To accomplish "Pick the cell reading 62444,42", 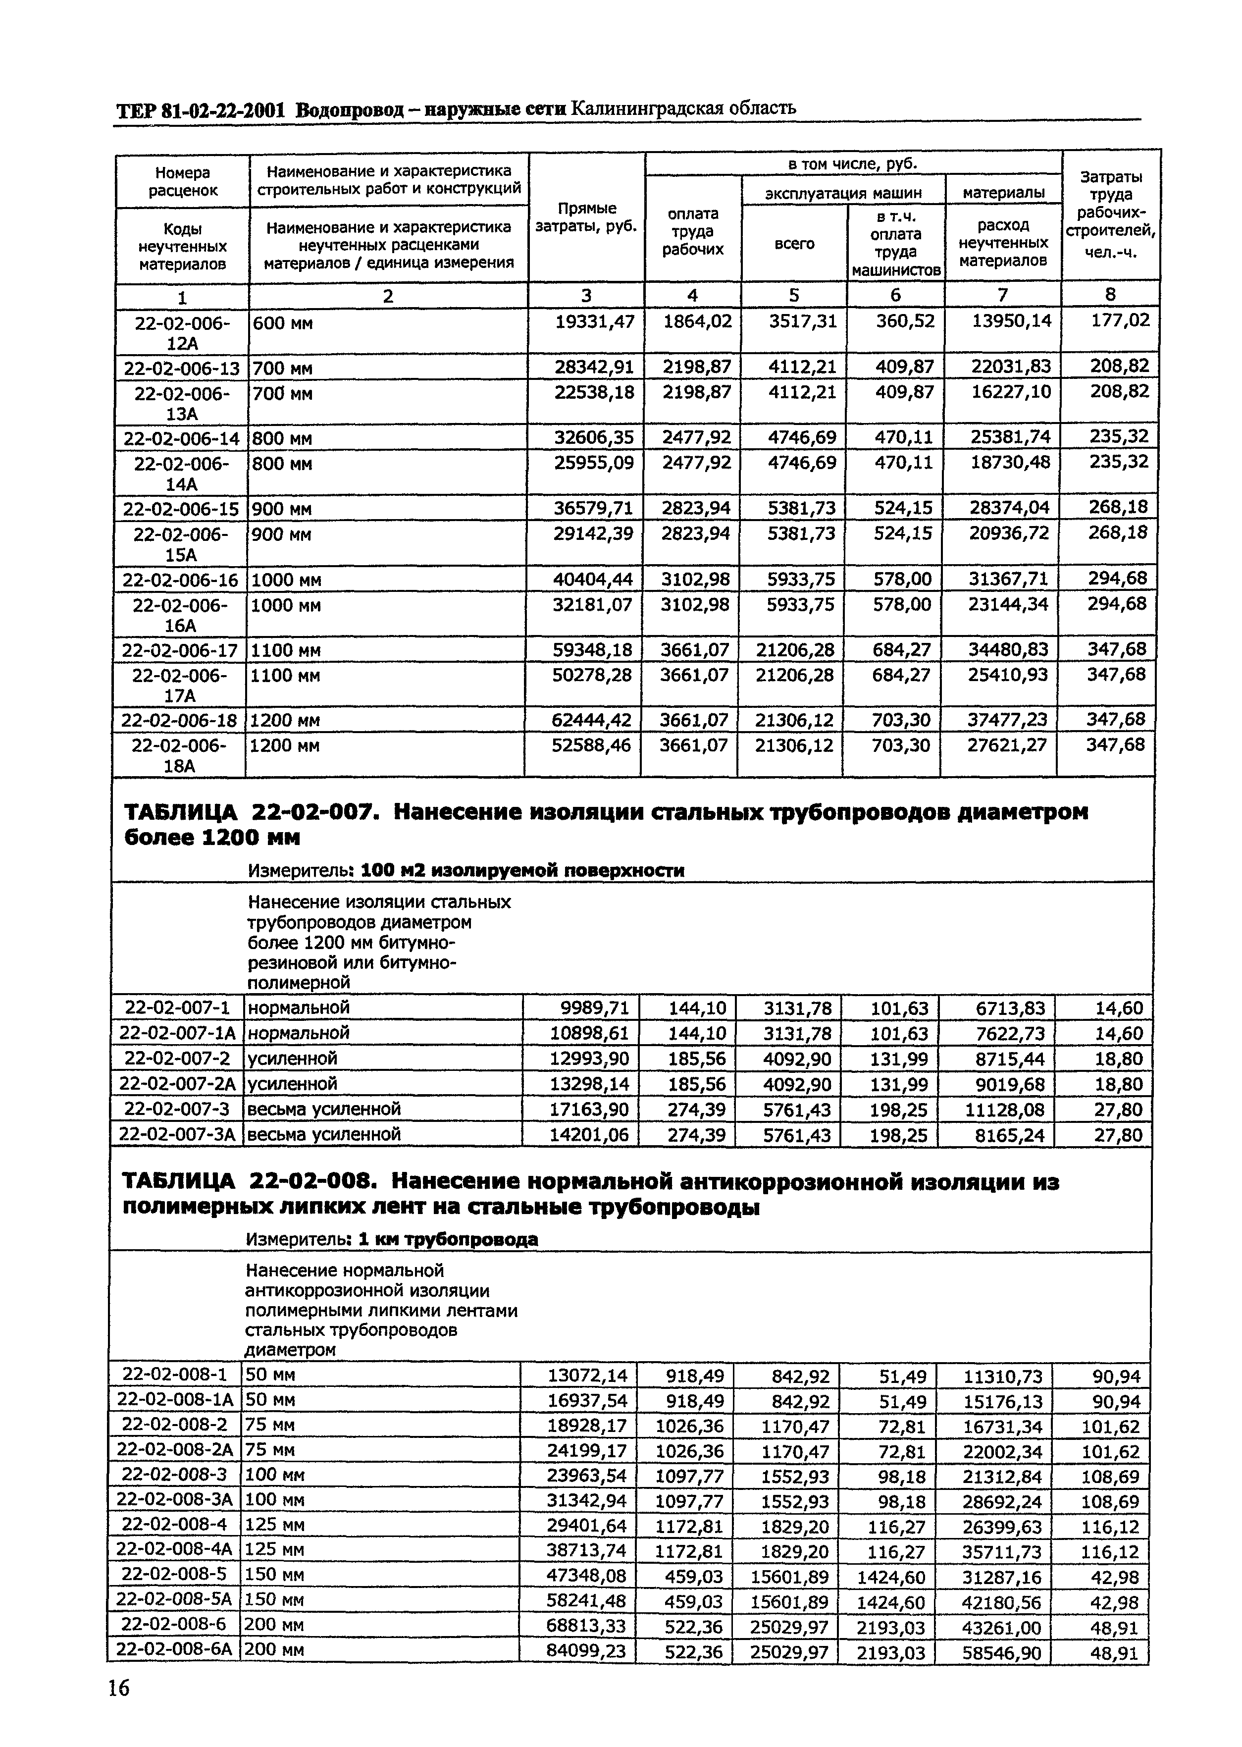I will click(x=592, y=720).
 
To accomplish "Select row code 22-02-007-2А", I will click(x=177, y=1084).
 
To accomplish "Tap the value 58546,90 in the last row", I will click(x=1001, y=1653).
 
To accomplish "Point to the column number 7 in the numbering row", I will click(x=1003, y=295).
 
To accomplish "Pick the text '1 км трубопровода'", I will click(x=449, y=1240).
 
